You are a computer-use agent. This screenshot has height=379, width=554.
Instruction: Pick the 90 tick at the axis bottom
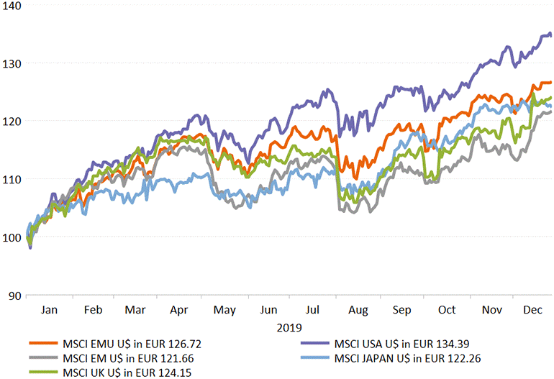click(x=14, y=295)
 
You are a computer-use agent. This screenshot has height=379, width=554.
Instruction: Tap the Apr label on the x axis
click(x=180, y=309)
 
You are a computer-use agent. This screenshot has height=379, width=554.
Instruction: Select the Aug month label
click(x=358, y=309)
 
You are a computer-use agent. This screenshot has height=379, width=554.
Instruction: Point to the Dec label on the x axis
click(x=532, y=309)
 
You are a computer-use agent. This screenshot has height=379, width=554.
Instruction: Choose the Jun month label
click(x=268, y=309)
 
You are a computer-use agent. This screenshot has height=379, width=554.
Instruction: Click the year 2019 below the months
click(x=291, y=327)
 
